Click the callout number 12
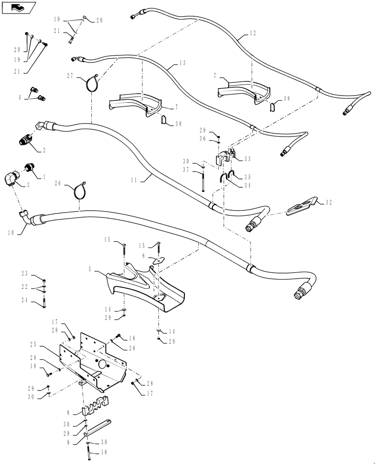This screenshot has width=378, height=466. pyautogui.click(x=253, y=34)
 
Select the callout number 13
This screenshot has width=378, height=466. pyautogui.click(x=182, y=62)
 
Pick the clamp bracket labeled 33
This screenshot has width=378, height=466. pyautogui.click(x=226, y=157)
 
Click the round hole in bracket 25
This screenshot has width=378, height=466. pyautogui.click(x=102, y=364)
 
